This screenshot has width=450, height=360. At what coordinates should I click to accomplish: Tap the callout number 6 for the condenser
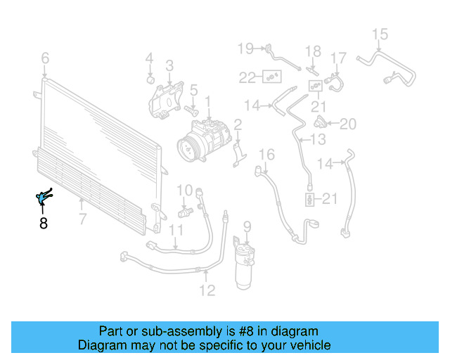[45, 58]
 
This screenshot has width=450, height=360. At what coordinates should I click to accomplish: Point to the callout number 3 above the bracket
[169, 66]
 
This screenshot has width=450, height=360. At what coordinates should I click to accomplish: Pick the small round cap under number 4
[150, 77]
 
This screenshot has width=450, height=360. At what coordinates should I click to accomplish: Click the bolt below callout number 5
[190, 110]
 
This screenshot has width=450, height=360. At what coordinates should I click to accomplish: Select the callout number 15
[380, 34]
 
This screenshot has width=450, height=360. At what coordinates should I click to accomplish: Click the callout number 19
[245, 49]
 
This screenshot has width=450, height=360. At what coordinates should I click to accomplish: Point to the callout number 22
[247, 77]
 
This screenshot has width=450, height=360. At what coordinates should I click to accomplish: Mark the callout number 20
[348, 124]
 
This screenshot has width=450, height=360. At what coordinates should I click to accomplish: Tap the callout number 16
[266, 155]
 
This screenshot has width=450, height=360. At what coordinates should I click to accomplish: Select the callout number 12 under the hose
[207, 289]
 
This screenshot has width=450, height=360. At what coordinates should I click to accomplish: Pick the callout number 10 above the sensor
[184, 190]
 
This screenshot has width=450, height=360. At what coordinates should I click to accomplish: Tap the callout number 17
[339, 57]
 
